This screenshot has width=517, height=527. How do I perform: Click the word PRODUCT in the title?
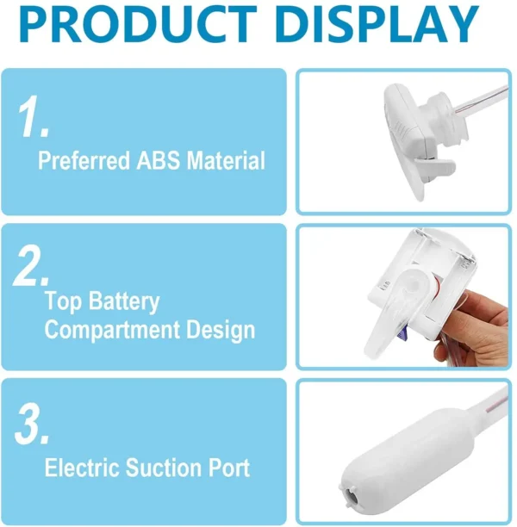tap(137, 25)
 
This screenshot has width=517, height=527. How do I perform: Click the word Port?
tap(232, 468)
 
